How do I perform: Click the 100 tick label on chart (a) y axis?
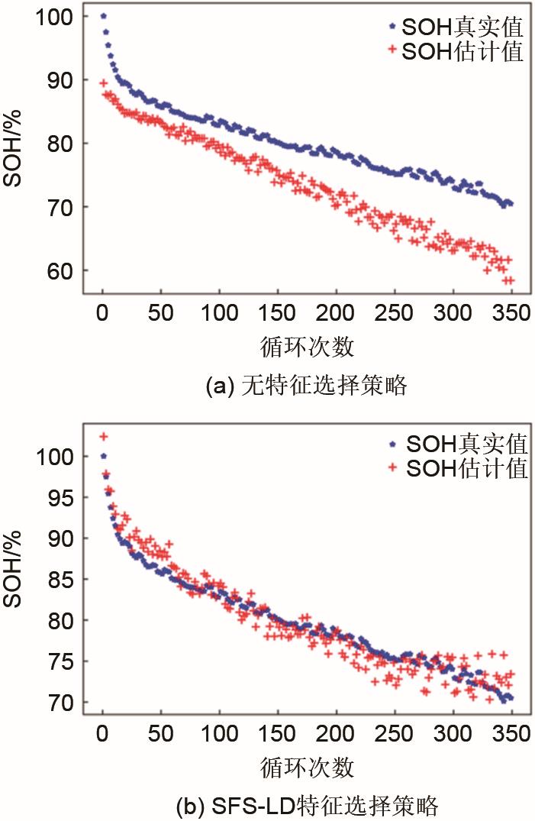[x=54, y=17]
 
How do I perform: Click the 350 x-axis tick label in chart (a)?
[x=511, y=312]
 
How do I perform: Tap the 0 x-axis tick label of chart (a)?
[x=103, y=312]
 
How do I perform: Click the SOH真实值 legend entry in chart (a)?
[x=455, y=29]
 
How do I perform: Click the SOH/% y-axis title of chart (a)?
[x=15, y=150]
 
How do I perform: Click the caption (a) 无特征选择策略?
[x=306, y=386]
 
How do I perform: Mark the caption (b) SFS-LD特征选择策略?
[x=306, y=804]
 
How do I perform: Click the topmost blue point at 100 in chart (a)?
[x=103, y=16]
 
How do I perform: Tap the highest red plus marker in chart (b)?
[x=103, y=436]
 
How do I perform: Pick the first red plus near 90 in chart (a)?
[x=103, y=82]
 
